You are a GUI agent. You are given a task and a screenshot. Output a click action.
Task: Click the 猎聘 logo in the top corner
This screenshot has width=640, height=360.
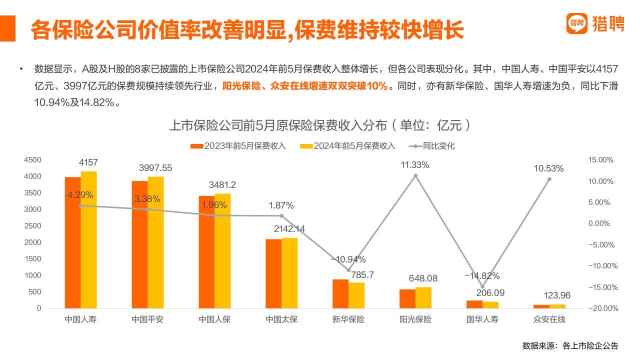point(595,23)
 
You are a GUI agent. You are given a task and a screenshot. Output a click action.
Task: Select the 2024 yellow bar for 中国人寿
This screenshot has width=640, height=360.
point(89,240)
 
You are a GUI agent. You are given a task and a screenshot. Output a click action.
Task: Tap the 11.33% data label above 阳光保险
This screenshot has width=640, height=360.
point(415,165)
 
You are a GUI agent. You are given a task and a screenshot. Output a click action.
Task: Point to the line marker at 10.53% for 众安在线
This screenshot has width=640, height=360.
point(549,179)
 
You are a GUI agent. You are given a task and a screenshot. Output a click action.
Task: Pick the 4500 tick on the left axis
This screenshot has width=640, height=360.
point(32,160)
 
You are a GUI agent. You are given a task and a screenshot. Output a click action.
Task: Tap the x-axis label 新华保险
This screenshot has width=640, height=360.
point(348,319)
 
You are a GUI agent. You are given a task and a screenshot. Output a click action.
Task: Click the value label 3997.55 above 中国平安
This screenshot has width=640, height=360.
point(155,168)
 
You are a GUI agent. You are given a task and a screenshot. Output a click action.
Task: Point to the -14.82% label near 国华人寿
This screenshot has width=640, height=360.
point(482,276)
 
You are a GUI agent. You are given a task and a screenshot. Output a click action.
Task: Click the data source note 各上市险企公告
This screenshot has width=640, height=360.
point(590,345)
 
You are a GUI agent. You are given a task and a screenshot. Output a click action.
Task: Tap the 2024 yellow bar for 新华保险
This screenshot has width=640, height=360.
point(356,295)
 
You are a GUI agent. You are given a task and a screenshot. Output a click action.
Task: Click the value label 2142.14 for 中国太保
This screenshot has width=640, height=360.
point(289,229)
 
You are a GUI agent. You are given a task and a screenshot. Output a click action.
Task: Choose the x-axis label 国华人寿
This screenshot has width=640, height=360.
point(482,319)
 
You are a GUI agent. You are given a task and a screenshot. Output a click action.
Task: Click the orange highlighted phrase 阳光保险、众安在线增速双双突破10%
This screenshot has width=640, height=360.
point(305,86)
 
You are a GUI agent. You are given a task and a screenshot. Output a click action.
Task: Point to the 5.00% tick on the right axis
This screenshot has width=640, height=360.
point(600,202)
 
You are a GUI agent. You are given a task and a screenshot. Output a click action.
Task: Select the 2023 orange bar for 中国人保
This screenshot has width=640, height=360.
point(206,252)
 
